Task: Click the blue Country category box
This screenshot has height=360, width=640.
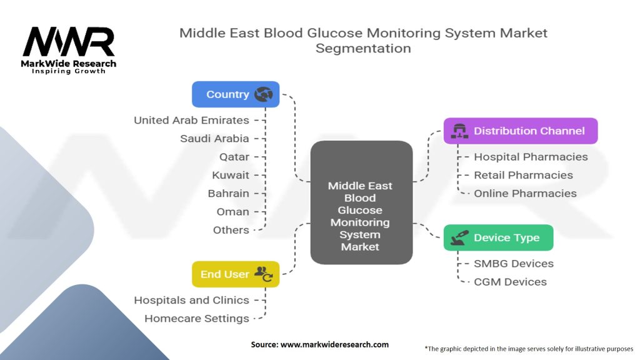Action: pos(235,94)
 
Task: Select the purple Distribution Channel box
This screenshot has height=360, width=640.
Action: pos(520,131)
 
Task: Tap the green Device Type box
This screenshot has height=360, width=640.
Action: pos(498,237)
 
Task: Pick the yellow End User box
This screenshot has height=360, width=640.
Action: pos(235,274)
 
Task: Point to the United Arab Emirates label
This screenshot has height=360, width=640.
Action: pos(191,120)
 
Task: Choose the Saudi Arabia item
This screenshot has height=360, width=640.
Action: pos(214,138)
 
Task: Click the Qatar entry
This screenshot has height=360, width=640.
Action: pos(234,156)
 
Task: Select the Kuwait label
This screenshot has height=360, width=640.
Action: pos(230,175)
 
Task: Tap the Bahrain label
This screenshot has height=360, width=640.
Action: pos(228,193)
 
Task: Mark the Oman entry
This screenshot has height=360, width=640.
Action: pos(232,211)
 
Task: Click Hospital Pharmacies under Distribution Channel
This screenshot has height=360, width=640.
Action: pos(531,157)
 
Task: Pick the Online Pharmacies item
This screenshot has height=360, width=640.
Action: pos(525,193)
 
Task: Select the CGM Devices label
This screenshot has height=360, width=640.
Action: pos(510,282)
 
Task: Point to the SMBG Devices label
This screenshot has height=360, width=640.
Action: pos(514,263)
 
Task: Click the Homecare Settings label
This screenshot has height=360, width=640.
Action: pos(196,318)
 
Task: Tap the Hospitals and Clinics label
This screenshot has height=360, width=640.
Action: pos(191,300)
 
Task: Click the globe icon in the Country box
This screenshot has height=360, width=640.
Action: pos(263,94)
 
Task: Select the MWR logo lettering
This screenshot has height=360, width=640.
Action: pos(69,42)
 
